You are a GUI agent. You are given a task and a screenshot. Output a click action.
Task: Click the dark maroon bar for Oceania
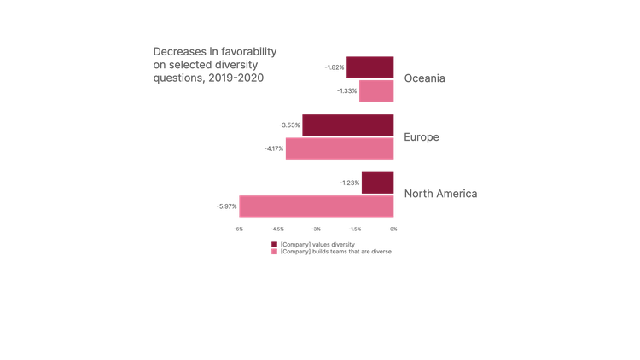(369, 67)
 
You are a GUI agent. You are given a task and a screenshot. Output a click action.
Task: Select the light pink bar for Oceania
(376, 91)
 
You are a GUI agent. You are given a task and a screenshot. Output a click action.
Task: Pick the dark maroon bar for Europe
(348, 125)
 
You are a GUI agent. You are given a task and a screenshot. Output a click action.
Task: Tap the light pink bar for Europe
(340, 148)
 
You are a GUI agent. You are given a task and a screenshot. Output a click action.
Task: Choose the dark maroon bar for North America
(377, 183)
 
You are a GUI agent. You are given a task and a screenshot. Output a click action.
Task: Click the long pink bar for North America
(317, 206)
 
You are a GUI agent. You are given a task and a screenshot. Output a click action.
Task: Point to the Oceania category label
(425, 79)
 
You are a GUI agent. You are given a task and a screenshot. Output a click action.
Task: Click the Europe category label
(421, 136)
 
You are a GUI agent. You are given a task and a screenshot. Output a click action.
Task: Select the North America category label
(440, 194)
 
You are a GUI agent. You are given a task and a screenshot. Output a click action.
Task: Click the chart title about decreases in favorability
(214, 64)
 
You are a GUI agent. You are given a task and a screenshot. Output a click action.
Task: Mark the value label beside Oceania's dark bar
(335, 67)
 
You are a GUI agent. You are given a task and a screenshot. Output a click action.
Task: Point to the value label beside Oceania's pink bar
(347, 90)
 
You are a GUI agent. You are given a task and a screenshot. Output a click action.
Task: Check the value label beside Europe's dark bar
(290, 125)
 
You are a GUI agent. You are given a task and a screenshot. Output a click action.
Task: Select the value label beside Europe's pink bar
(274, 148)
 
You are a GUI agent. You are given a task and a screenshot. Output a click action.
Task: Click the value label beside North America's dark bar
(350, 183)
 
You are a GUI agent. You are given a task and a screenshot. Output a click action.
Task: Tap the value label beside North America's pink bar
(227, 206)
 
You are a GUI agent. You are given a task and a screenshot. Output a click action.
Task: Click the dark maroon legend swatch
(274, 245)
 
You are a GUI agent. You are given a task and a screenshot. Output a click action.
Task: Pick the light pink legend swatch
(274, 253)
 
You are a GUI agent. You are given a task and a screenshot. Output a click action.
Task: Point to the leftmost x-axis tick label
(239, 229)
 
